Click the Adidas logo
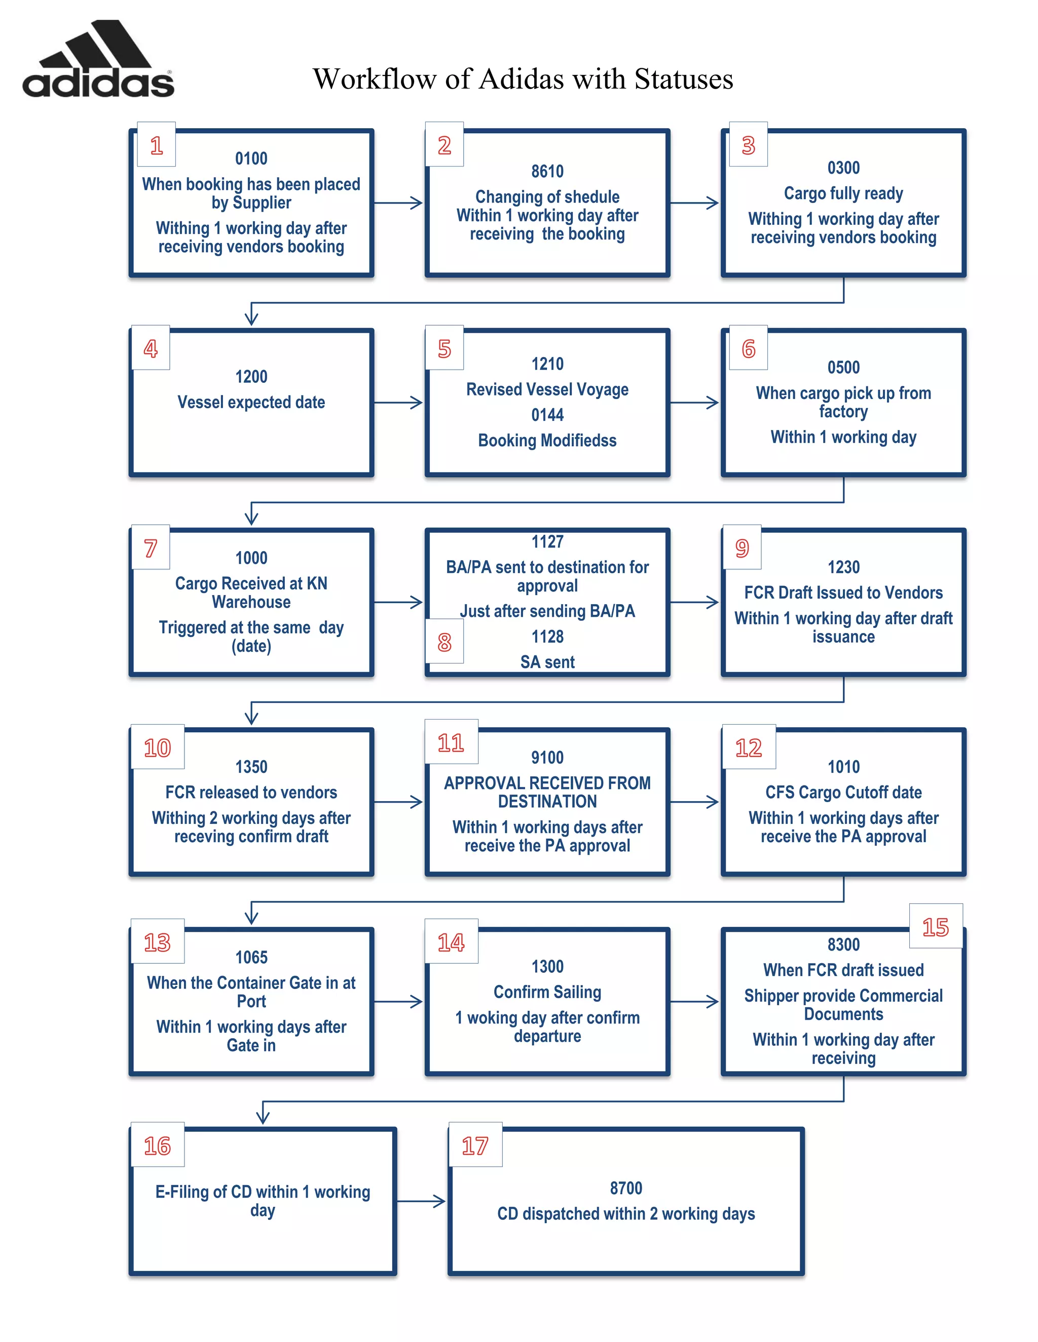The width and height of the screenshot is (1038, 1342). [98, 60]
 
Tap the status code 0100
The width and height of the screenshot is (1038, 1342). [251, 159]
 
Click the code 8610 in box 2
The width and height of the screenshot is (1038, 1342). [547, 172]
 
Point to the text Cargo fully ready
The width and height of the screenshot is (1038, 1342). [843, 193]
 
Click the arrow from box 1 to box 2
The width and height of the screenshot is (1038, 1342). [398, 203]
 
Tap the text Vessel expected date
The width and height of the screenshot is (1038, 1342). [251, 403]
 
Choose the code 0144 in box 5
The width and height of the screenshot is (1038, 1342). [547, 415]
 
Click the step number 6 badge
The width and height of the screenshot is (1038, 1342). [748, 348]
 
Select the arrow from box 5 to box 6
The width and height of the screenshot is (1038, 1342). [694, 403]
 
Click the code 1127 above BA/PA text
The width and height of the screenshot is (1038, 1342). [547, 542]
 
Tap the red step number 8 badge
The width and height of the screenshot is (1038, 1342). [444, 643]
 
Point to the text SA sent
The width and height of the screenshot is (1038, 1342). [547, 662]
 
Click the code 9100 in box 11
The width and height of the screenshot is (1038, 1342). [547, 758]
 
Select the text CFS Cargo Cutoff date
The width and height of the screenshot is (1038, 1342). [843, 793]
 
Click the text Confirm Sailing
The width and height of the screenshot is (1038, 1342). [547, 993]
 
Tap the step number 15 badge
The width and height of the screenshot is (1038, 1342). [935, 927]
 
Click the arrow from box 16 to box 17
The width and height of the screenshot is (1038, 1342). [421, 1201]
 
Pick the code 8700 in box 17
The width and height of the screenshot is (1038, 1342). [626, 1189]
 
